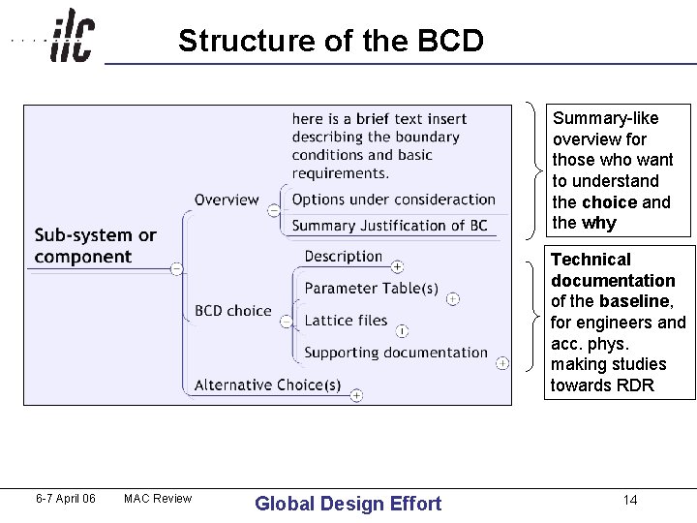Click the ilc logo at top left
(x=72, y=36)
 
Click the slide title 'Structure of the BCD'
(x=330, y=41)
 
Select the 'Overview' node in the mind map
(x=227, y=200)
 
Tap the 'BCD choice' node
(x=232, y=311)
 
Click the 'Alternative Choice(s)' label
(x=267, y=385)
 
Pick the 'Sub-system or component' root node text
(x=95, y=246)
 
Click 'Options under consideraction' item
(x=393, y=200)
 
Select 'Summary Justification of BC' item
(x=389, y=226)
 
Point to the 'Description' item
(x=344, y=257)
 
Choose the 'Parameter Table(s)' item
(x=371, y=289)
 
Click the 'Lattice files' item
(x=346, y=321)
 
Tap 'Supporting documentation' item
(x=396, y=353)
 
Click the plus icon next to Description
(x=397, y=266)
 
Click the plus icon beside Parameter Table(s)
(x=452, y=299)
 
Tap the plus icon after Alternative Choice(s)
(x=356, y=395)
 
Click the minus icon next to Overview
(x=274, y=210)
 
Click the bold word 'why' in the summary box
(x=599, y=223)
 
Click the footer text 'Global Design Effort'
(x=348, y=503)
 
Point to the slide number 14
(x=630, y=500)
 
